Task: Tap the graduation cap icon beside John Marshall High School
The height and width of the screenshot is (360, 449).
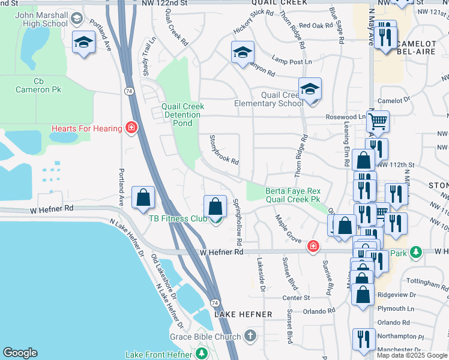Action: coord(83,43)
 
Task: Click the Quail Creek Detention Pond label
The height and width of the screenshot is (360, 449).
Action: coord(183,115)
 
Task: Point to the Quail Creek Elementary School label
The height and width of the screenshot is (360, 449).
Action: coord(268,99)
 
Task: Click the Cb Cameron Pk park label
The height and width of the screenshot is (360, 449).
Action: coord(39,85)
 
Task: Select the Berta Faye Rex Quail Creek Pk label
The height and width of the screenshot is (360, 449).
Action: coord(294,196)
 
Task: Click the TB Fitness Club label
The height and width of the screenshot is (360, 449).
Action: coord(178,219)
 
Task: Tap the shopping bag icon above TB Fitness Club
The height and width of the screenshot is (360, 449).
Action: coord(215,207)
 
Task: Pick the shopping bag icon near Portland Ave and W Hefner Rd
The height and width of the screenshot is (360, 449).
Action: coord(143,197)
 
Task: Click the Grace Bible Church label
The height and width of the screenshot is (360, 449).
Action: coord(205,337)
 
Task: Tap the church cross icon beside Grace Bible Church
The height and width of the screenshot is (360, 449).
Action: coord(250,337)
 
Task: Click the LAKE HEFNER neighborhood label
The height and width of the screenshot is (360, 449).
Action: coord(243,314)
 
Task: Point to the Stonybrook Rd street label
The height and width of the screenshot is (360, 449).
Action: coord(224,151)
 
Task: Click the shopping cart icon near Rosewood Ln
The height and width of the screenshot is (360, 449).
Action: coord(378,122)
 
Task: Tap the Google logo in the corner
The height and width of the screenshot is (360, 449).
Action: coord(20,353)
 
